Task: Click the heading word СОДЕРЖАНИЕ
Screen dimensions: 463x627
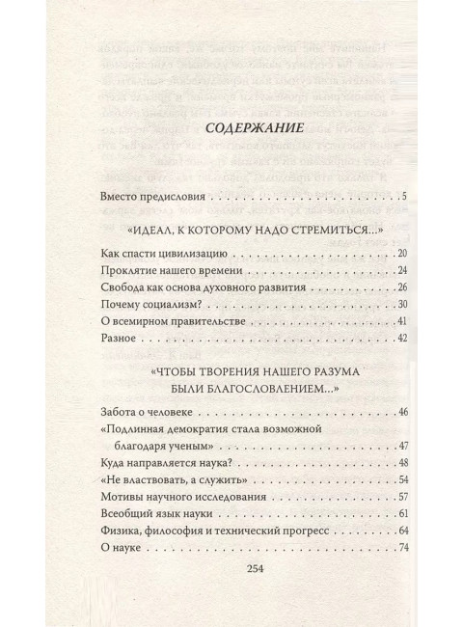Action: click(232, 127)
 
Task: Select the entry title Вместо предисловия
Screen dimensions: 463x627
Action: click(153, 198)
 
